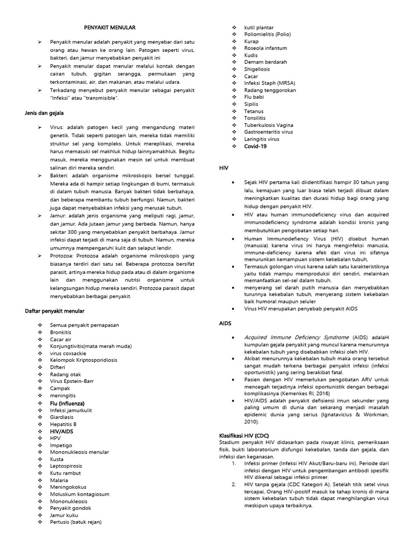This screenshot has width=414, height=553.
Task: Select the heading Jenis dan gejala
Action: point(44,113)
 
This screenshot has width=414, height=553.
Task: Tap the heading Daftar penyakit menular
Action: point(54,311)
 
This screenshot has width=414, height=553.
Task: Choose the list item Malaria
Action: point(59,480)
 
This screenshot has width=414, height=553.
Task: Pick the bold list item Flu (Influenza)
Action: point(70,403)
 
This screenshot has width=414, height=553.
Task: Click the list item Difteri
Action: point(58,367)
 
